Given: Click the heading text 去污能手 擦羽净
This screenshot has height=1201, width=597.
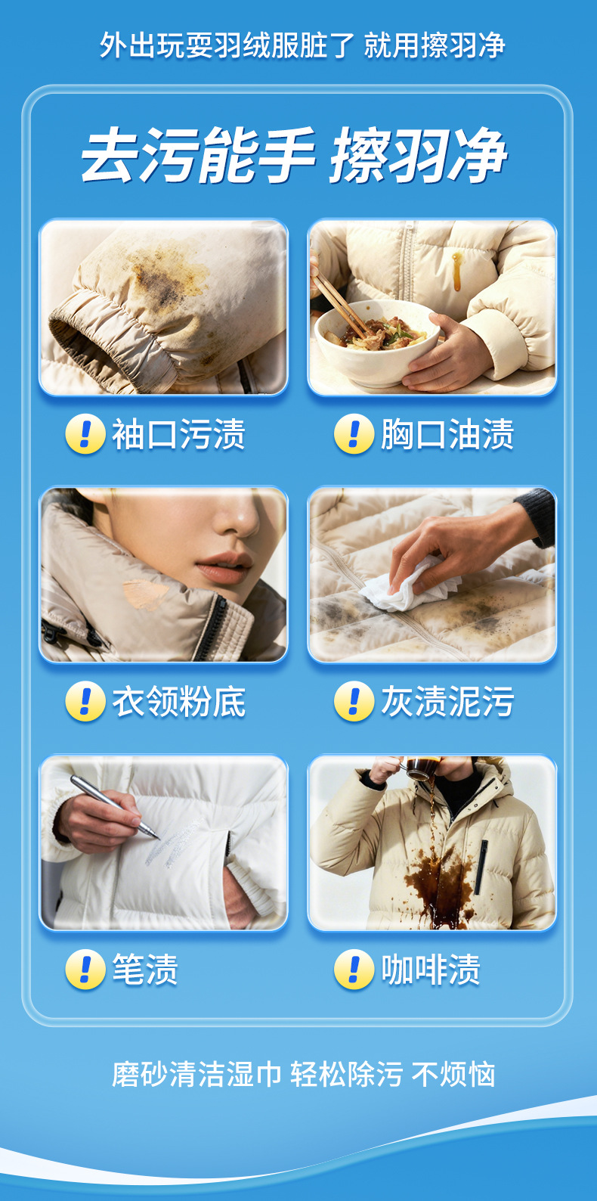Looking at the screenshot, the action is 294,155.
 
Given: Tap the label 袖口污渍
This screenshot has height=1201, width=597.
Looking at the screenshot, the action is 178,434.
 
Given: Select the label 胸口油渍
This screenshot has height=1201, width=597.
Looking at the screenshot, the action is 447,434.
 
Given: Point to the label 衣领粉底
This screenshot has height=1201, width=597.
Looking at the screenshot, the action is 178,701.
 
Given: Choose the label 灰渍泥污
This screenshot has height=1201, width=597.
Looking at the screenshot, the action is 447,701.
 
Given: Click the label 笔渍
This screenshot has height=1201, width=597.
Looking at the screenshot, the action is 145,970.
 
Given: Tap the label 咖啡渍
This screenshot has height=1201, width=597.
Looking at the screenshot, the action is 430,970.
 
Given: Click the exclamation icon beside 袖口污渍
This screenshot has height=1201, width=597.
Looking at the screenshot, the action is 85,434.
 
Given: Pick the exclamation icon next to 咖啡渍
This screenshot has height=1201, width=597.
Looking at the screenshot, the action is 354,970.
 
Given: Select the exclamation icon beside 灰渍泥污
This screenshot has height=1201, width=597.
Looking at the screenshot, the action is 354,701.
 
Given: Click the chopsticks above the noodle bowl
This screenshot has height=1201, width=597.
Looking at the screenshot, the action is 340,305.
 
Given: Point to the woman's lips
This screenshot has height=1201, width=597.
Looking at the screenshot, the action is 224,568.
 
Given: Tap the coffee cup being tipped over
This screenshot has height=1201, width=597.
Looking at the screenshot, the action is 422,768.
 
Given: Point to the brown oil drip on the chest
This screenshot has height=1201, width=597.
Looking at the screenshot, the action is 457,272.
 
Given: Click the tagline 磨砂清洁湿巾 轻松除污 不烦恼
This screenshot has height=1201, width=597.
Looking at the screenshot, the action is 303,1075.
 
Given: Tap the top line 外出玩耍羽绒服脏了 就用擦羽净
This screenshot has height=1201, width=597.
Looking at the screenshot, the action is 302,45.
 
